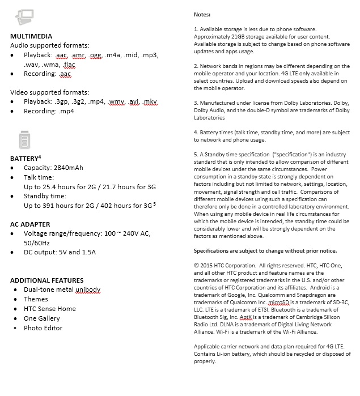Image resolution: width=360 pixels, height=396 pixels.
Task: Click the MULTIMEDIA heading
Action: pyautogui.click(x=31, y=36)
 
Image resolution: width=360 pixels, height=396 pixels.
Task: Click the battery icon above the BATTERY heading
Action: pyautogui.click(x=24, y=139)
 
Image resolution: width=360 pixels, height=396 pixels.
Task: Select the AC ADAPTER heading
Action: pyautogui.click(x=30, y=224)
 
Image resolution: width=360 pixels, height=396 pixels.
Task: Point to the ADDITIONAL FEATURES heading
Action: pyautogui.click(x=46, y=280)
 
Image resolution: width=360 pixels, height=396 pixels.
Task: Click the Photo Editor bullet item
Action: pyautogui.click(x=43, y=328)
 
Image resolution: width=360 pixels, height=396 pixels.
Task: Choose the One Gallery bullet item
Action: pyautogui.click(x=41, y=318)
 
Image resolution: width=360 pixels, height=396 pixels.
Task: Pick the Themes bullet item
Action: pyautogui.click(x=36, y=299)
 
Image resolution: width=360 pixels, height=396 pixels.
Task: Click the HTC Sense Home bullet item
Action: pyautogui.click(x=49, y=309)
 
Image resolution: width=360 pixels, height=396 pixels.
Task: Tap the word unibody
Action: pyautogui.click(x=87, y=289)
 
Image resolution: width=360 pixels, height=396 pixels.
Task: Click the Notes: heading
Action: pyautogui.click(x=202, y=14)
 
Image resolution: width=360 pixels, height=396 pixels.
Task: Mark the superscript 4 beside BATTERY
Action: pyautogui.click(x=39, y=156)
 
